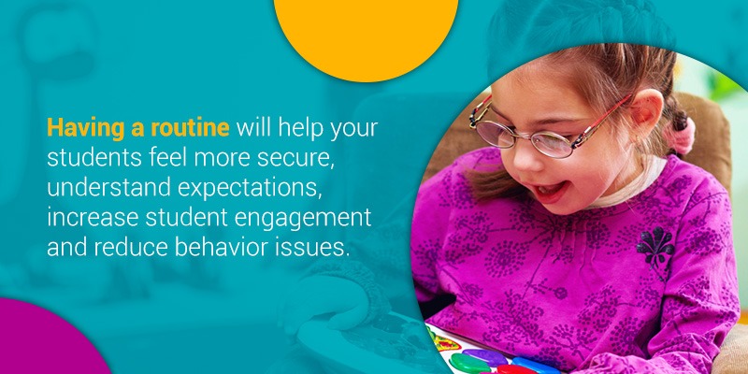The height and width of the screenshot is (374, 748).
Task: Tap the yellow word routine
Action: pos(190,128)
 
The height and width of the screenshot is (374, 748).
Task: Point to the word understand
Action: pos(108,188)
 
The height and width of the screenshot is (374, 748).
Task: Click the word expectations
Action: pos(248,189)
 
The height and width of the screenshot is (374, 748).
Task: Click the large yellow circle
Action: pos(366,34)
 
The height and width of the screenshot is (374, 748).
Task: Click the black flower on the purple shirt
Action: pos(655,247)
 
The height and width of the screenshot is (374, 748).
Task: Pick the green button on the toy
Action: pos(466,363)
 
